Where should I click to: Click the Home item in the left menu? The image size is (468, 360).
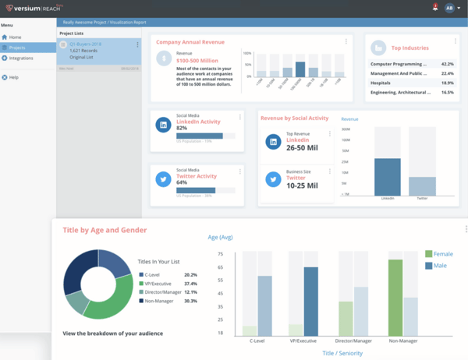point(16,37)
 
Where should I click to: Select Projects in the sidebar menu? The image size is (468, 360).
point(17,48)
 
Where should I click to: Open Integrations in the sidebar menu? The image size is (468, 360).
point(21,58)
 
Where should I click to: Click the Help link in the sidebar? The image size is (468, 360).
point(14,77)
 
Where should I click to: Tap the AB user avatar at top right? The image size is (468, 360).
point(449,8)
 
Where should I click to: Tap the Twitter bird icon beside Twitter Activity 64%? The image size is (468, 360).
point(165,179)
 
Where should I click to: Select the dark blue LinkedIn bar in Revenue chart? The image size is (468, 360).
point(388,177)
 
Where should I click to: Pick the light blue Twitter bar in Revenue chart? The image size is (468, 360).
point(422,186)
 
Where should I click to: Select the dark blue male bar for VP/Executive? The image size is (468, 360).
point(311,302)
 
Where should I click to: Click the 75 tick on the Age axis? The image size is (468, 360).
point(220,254)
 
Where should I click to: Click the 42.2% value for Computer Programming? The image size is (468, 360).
point(447,64)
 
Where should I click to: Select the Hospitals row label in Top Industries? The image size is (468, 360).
point(381,83)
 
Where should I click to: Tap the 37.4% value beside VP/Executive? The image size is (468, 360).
point(190,284)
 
